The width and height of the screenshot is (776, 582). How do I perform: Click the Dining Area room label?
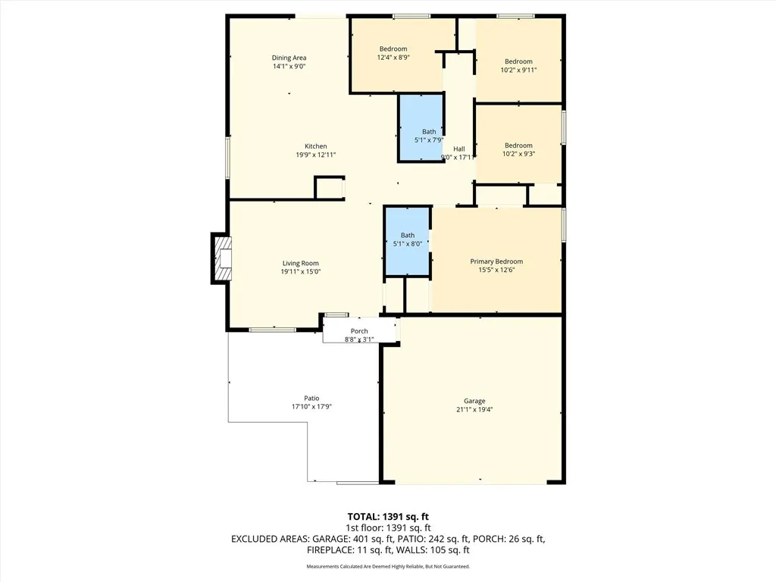coord(289,58)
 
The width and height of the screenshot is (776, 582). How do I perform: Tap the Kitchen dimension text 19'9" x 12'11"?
coord(315,155)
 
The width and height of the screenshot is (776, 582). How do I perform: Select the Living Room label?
coord(299,263)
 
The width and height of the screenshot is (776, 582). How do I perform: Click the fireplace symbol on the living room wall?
coord(221,258)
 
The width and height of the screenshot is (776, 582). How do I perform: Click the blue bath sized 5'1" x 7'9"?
coord(421,129)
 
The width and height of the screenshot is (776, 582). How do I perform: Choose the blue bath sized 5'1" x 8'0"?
coord(408,241)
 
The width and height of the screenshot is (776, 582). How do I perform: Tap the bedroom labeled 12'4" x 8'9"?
coord(393,53)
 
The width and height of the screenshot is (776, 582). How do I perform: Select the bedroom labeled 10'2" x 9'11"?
coord(518,65)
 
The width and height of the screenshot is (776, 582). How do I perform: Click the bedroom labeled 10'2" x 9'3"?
coord(518,149)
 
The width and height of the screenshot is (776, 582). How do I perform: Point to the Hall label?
coord(459,149)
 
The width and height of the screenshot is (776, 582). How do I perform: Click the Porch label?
coord(359,331)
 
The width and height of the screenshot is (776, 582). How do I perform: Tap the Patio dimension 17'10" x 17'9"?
coord(311,407)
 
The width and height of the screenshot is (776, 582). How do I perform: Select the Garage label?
coord(474,401)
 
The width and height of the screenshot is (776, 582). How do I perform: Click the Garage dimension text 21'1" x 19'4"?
coord(474,410)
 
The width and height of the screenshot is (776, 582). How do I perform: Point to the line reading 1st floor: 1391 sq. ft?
coord(388,527)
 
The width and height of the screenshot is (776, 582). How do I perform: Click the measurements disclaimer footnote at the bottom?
coord(388,567)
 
